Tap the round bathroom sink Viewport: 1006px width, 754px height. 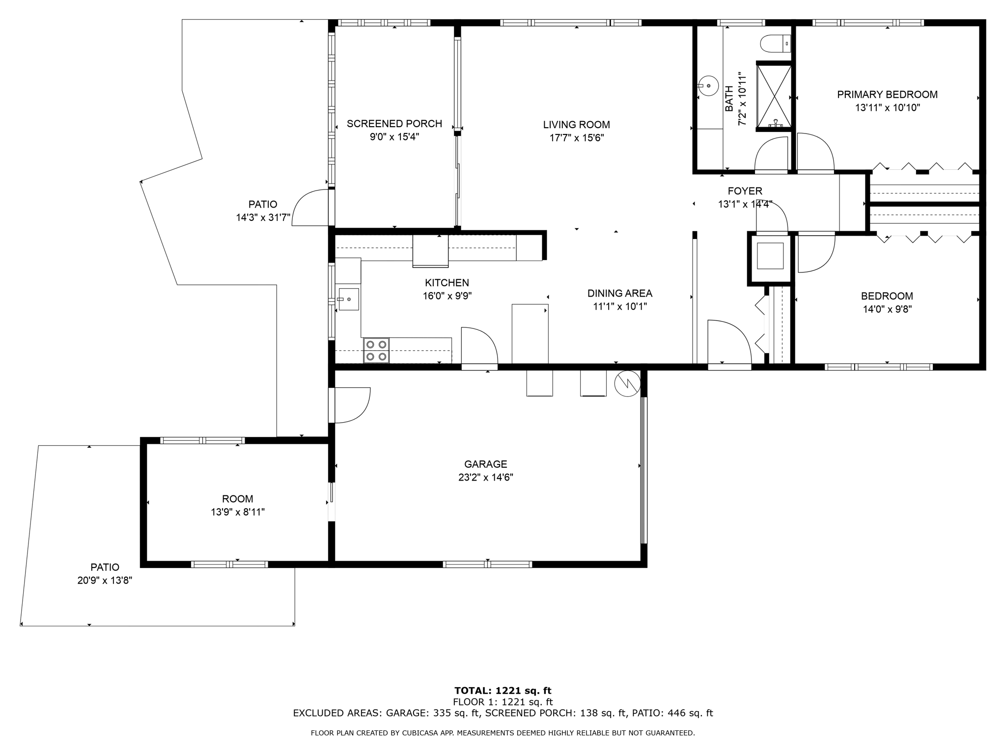coord(708,86)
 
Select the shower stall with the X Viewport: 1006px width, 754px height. coord(774,96)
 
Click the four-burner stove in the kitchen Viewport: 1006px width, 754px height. coord(376,350)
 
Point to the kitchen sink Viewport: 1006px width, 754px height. coord(348,299)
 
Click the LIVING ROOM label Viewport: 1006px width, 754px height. coord(576,125)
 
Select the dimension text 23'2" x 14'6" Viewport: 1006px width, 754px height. coord(485,477)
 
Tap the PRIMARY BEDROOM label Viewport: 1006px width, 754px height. coord(887,94)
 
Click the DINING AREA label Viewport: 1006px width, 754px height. coord(619,294)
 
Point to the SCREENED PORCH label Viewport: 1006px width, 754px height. coord(394,124)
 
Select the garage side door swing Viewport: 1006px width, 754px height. coord(351,405)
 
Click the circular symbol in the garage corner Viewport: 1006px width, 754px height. coord(627,383)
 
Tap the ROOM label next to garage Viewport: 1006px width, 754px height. coord(238,499)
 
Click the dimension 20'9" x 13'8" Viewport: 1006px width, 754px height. coord(105,580)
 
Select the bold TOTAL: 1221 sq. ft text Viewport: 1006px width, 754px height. coord(503,691)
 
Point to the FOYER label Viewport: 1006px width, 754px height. coord(745,191)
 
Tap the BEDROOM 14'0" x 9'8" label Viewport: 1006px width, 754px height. coord(887,296)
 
